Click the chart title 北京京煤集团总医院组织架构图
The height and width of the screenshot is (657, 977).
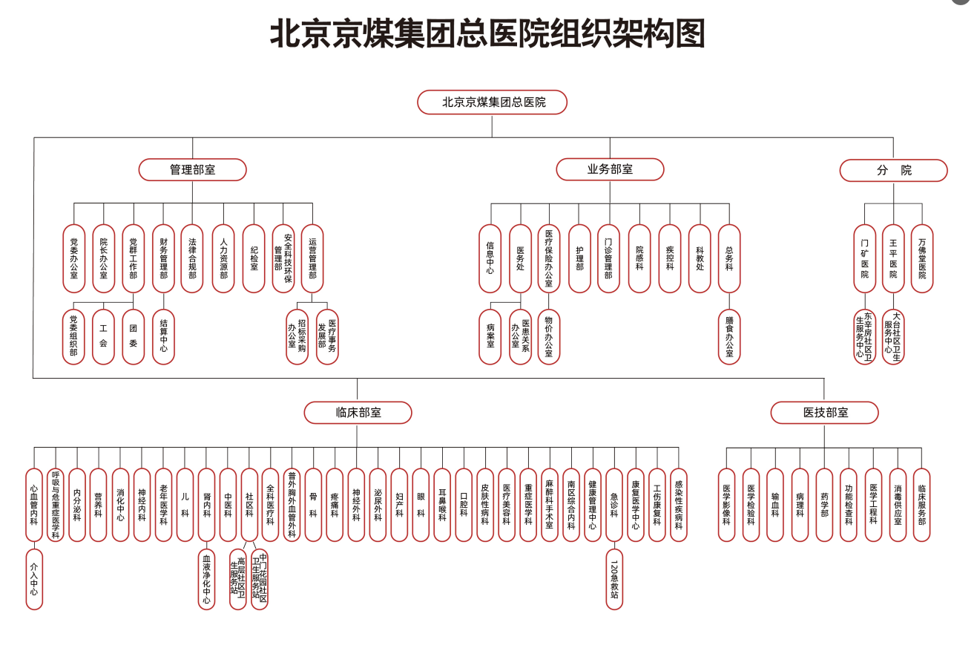pos(487,34)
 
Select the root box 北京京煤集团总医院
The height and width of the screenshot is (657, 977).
pos(492,102)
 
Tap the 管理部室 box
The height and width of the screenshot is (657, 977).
pos(192,170)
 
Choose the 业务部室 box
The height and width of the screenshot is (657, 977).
pos(610,169)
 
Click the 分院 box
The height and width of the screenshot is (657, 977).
pos(893,171)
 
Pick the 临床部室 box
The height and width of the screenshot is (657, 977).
pos(358,413)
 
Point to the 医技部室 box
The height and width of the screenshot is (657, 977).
pos(824,413)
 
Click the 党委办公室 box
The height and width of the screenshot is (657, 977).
pos(73,258)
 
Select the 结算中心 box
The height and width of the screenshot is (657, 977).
pos(163,337)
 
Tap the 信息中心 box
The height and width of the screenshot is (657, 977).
pos(490,258)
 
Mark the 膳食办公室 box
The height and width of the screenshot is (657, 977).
pos(729,337)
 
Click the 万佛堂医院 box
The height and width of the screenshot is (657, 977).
pos(922,258)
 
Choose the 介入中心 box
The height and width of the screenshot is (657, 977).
pos(34,579)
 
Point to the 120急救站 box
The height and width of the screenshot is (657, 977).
pos(614,579)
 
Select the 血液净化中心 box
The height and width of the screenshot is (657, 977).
pos(207,579)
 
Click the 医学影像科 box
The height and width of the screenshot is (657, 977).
pos(726,505)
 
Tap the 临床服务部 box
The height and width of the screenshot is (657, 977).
pos(921,505)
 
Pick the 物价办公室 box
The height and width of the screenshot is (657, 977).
pos(549,337)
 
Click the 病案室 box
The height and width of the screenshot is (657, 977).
pos(490,337)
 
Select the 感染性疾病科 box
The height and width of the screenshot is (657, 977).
pos(679,505)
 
